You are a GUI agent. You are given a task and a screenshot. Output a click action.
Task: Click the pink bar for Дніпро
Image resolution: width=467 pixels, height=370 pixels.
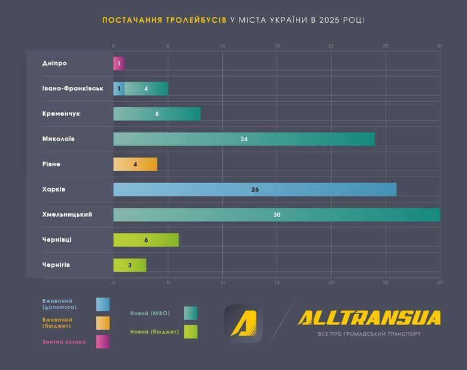(119, 63)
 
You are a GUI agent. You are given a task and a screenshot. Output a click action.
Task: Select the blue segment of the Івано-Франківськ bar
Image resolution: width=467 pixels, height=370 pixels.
(119, 89)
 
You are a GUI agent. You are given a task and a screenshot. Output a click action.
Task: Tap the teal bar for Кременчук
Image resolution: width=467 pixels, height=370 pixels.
(157, 114)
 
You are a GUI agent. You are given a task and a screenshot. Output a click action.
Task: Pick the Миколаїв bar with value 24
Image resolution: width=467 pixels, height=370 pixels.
(244, 139)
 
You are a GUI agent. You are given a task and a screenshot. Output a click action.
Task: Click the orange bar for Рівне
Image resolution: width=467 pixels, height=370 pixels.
(135, 164)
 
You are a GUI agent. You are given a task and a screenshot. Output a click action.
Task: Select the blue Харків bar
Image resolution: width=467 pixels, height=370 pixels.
(254, 189)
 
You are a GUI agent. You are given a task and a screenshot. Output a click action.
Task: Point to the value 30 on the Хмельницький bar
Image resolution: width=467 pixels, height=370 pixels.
(277, 214)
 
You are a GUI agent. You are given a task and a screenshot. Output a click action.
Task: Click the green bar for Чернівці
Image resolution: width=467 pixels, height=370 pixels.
(146, 239)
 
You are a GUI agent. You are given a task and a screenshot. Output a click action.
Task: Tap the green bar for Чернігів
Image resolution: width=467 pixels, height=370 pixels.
(130, 265)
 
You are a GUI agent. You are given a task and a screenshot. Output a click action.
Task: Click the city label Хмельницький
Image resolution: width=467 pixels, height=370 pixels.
(68, 214)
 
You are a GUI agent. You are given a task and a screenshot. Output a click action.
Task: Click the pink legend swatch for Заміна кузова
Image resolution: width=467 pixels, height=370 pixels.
(102, 342)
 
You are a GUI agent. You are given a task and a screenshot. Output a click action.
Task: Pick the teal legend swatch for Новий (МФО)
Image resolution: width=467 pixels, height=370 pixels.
(190, 313)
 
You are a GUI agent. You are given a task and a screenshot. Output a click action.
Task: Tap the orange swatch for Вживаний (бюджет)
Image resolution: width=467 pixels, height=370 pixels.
(102, 323)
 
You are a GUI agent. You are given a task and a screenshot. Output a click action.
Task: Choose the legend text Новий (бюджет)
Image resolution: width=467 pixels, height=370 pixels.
(154, 331)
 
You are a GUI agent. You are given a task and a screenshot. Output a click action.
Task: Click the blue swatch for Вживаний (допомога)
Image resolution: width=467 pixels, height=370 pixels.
(102, 304)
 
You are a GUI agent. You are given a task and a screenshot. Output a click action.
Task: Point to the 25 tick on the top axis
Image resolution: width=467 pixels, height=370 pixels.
(386, 46)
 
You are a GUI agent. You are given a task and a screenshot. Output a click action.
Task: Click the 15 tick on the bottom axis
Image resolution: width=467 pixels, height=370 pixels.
(277, 282)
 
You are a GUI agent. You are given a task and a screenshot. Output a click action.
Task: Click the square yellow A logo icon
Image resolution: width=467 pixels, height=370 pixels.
(244, 324)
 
